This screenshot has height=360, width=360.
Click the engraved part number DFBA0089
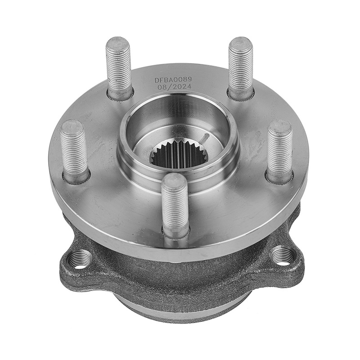pyautogui.click(x=173, y=80)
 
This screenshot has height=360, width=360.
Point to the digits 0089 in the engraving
pyautogui.click(x=183, y=80)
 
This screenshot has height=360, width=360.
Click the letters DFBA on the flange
pyautogui.click(x=163, y=80)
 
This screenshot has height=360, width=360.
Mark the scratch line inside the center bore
pyautogui.click(x=205, y=139)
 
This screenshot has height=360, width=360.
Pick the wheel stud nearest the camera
pyautogui.click(x=175, y=206)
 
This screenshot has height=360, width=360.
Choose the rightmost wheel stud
pyautogui.click(x=279, y=152)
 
